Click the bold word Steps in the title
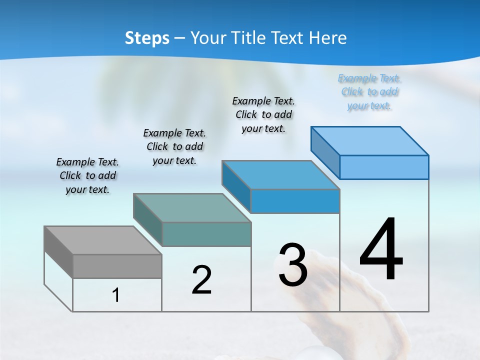coord(147,38)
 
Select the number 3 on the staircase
coord(293,265)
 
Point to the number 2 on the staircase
coord(201,280)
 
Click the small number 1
coord(115,295)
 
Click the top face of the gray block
coord(102,240)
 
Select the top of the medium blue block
coord(280,175)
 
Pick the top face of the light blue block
coord(369,141)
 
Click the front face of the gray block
coord(117,266)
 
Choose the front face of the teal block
coord(206,234)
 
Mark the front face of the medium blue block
coord(295,201)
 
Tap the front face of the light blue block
coord(384,167)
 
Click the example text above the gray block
coord(87,175)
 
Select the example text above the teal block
coord(174,146)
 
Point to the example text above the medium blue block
coord(263,114)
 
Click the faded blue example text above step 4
coord(369,91)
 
